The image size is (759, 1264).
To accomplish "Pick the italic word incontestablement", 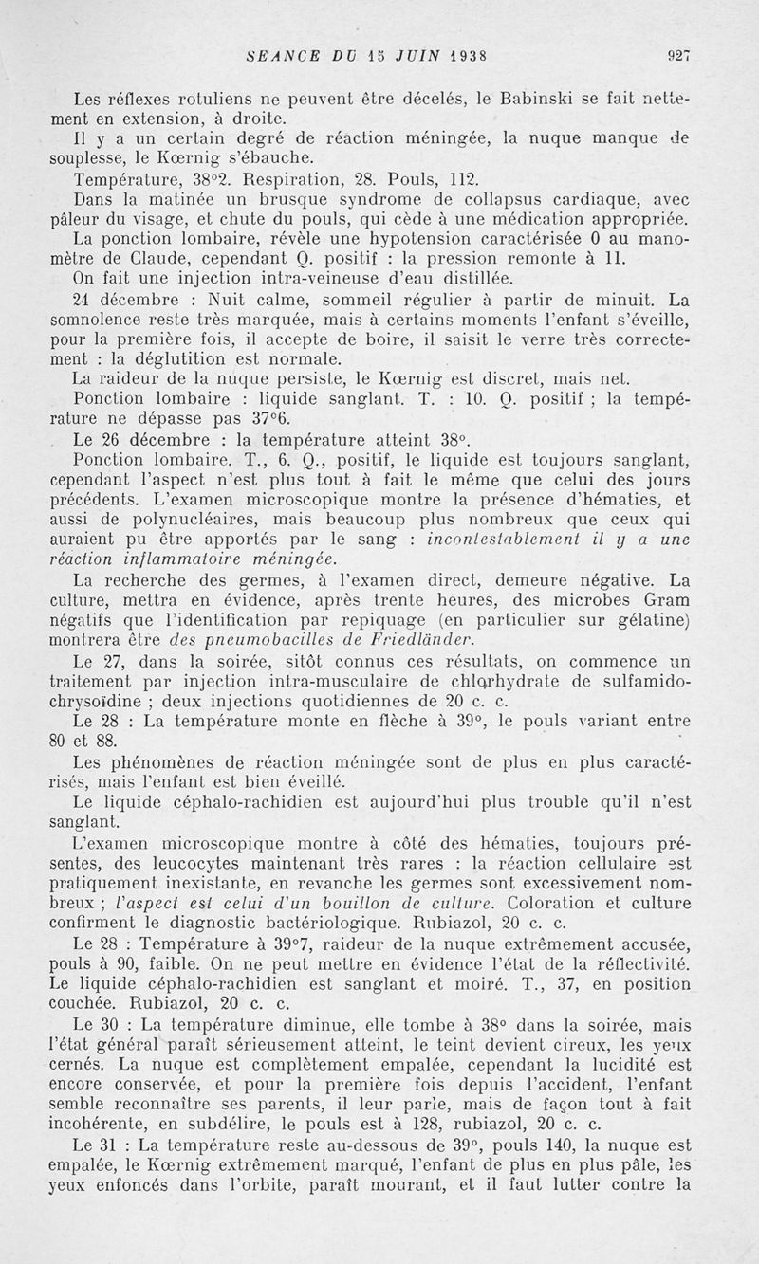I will pyautogui.click(x=509, y=538).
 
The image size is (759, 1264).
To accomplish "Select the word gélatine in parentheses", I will pyautogui.click(x=649, y=619).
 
